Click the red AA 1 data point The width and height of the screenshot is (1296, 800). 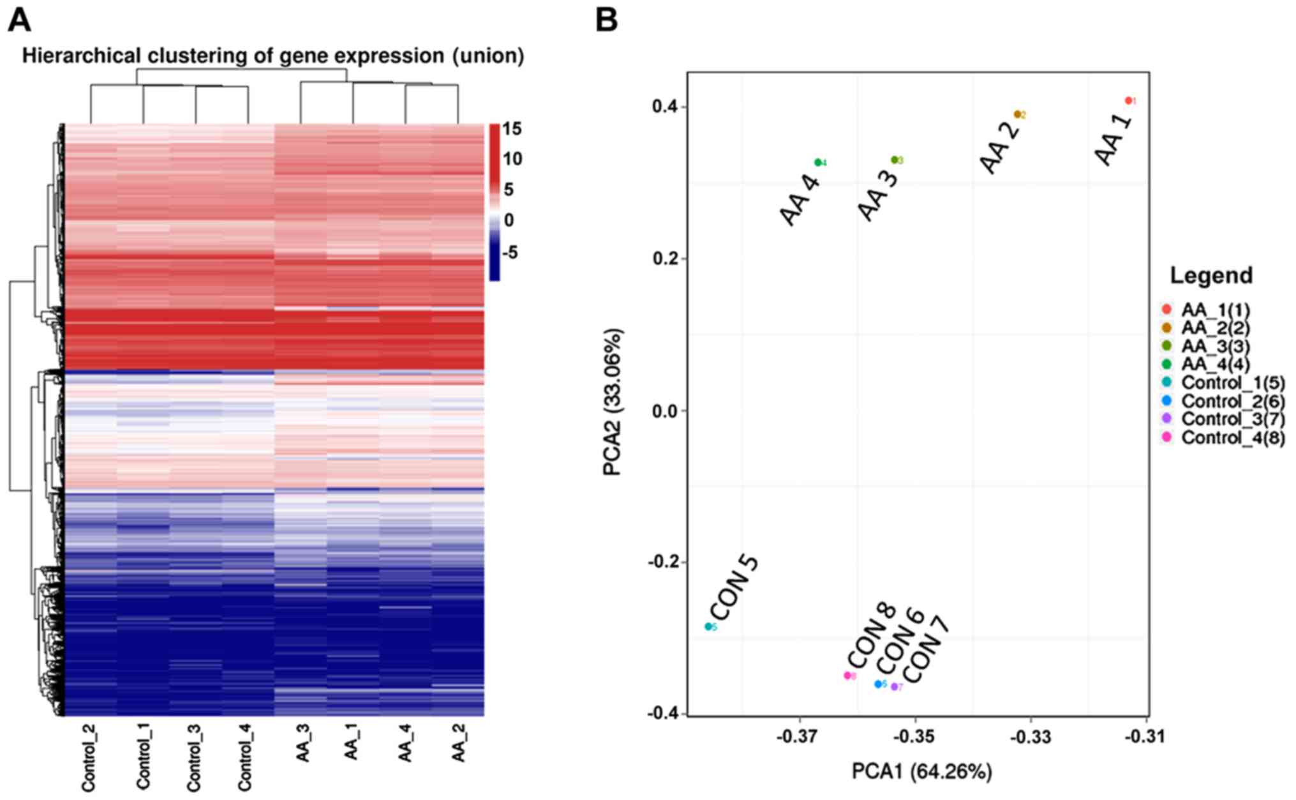1128,100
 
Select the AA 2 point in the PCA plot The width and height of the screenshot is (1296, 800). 1017,114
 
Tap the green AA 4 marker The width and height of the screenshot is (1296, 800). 817,162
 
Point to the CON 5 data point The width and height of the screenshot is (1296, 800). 708,626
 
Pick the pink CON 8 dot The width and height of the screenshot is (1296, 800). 847,675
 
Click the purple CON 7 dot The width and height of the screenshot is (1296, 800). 894,686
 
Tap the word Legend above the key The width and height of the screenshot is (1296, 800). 1210,275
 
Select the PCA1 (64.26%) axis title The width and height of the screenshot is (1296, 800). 921,771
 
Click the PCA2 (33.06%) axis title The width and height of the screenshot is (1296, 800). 613,402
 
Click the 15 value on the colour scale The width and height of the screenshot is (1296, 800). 512,129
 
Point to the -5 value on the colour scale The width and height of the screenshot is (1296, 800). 510,253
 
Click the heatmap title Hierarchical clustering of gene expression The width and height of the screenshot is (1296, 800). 272,56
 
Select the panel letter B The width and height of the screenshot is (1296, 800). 606,20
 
